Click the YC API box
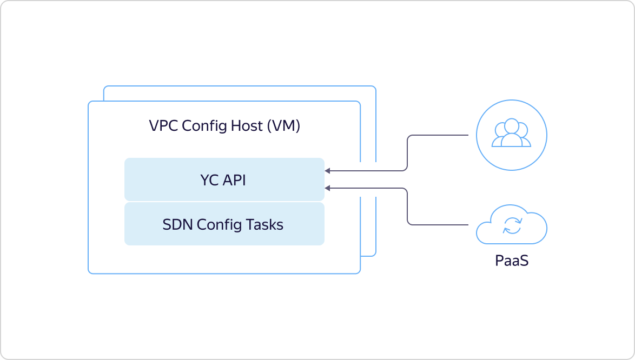[224, 179]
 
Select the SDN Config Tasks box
[224, 224]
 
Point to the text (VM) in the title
[283, 126]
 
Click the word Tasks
[264, 224]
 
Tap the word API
[234, 180]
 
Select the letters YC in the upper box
[209, 180]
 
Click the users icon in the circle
[511, 135]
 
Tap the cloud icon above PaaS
[511, 226]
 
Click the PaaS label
[511, 261]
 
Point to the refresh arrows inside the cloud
[512, 226]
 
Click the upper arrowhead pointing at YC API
[328, 171]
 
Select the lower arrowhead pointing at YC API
[328, 188]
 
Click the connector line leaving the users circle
[438, 135]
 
